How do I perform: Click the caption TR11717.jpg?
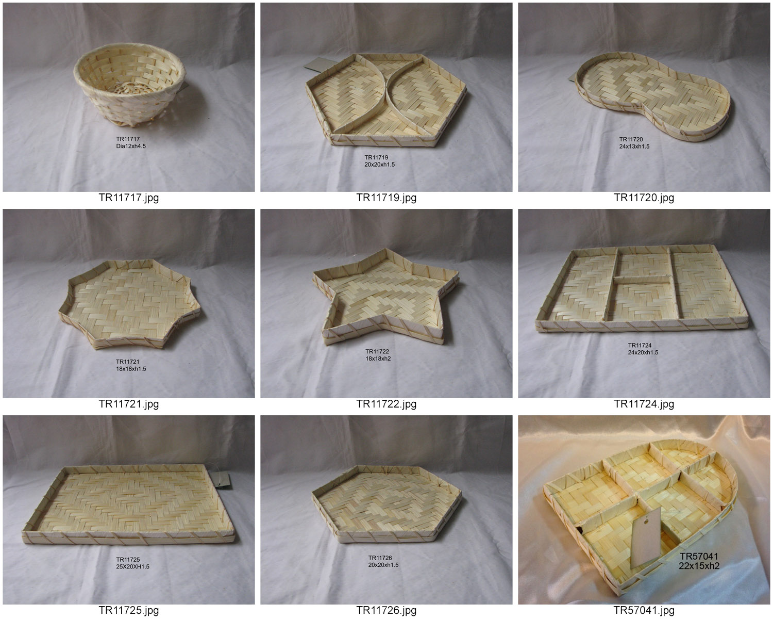[x=129, y=198]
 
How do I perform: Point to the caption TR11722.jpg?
[x=386, y=404]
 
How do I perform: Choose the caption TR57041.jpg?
[x=644, y=610]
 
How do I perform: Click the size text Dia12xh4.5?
[x=131, y=146]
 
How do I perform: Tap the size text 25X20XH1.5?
[x=132, y=566]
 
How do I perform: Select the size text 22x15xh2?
[x=699, y=566]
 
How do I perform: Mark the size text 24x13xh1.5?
[x=634, y=146]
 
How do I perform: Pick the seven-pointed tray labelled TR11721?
[x=130, y=304]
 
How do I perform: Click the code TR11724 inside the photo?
[x=640, y=345]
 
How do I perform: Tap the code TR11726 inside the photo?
[x=380, y=558]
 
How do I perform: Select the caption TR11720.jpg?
[x=644, y=198]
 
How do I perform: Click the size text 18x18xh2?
[x=378, y=359]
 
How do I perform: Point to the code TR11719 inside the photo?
[x=376, y=157]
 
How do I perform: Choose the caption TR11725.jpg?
[x=129, y=610]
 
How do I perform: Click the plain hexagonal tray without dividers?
[x=386, y=503]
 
